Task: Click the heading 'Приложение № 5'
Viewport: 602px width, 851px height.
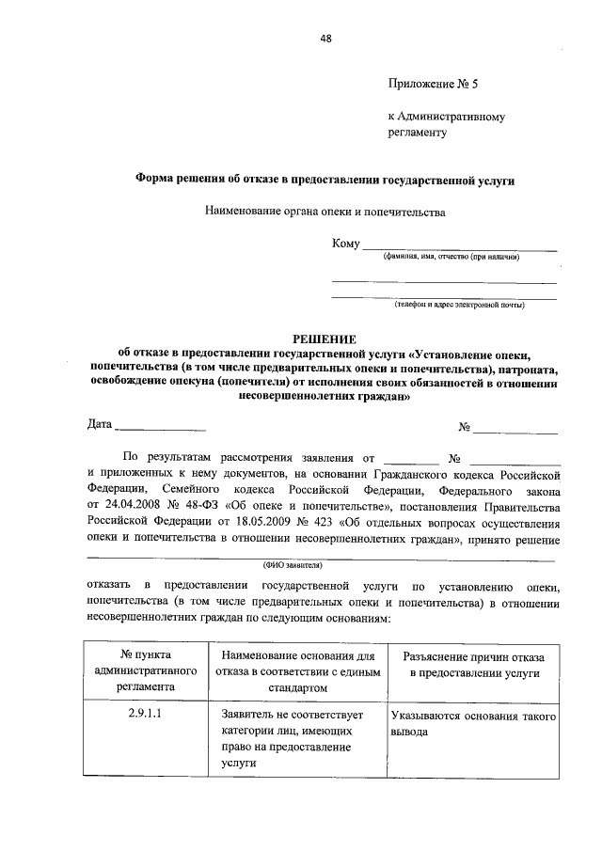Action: pyautogui.click(x=434, y=84)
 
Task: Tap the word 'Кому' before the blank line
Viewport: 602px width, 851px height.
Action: pyautogui.click(x=346, y=244)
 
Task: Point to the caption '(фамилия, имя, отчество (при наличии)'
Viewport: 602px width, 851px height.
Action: pyautogui.click(x=451, y=257)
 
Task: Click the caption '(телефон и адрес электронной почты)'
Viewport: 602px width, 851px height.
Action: pyautogui.click(x=459, y=304)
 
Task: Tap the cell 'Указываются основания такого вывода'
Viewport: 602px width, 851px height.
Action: pyautogui.click(x=474, y=722)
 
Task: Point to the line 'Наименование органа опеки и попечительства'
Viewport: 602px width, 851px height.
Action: pyautogui.click(x=325, y=213)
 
